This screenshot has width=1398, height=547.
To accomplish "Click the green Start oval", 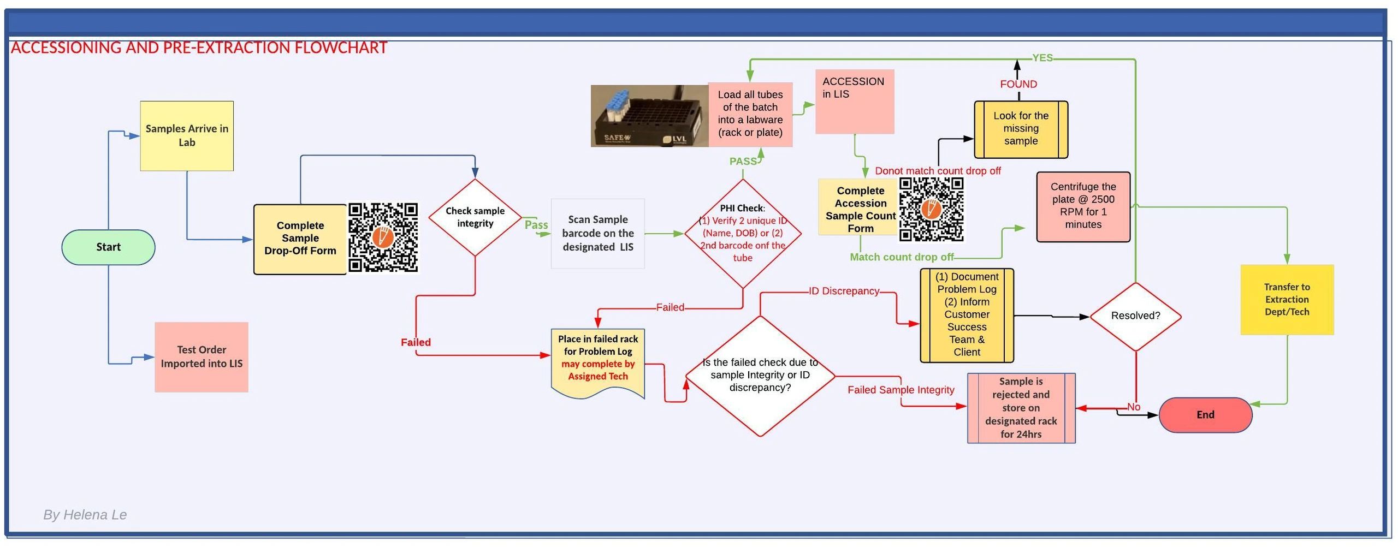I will pyautogui.click(x=108, y=247).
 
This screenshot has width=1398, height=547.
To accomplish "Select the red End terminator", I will pyautogui.click(x=1205, y=415).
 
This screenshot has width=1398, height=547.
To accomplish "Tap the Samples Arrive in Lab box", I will pyautogui.click(x=187, y=136).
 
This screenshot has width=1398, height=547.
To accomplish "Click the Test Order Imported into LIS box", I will pyautogui.click(x=202, y=357).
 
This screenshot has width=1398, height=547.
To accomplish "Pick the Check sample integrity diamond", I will pyautogui.click(x=475, y=217).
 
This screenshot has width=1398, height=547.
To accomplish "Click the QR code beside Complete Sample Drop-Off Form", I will pyautogui.click(x=383, y=237).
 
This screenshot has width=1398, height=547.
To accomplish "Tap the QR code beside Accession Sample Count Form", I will pyautogui.click(x=932, y=209).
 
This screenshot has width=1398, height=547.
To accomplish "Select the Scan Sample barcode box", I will pyautogui.click(x=598, y=234).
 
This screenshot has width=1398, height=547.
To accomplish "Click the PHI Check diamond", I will pyautogui.click(x=743, y=234).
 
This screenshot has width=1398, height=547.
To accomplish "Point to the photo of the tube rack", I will pyautogui.click(x=649, y=116).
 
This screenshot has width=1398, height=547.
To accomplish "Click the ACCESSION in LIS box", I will pyautogui.click(x=855, y=102).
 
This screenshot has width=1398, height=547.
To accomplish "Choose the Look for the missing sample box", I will pyautogui.click(x=1021, y=129).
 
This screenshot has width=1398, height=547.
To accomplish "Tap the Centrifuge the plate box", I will pyautogui.click(x=1083, y=206).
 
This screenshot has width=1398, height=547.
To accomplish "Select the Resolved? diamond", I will pyautogui.click(x=1135, y=316).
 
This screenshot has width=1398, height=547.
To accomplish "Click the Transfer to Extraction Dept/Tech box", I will pyautogui.click(x=1287, y=300).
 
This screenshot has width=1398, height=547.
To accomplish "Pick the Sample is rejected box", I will pyautogui.click(x=1021, y=408).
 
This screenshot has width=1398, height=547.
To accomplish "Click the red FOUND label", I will pyautogui.click(x=1018, y=84).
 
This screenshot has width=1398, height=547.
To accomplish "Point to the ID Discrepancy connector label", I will pyautogui.click(x=844, y=292).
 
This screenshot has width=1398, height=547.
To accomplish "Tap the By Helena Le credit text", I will pyautogui.click(x=85, y=515).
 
